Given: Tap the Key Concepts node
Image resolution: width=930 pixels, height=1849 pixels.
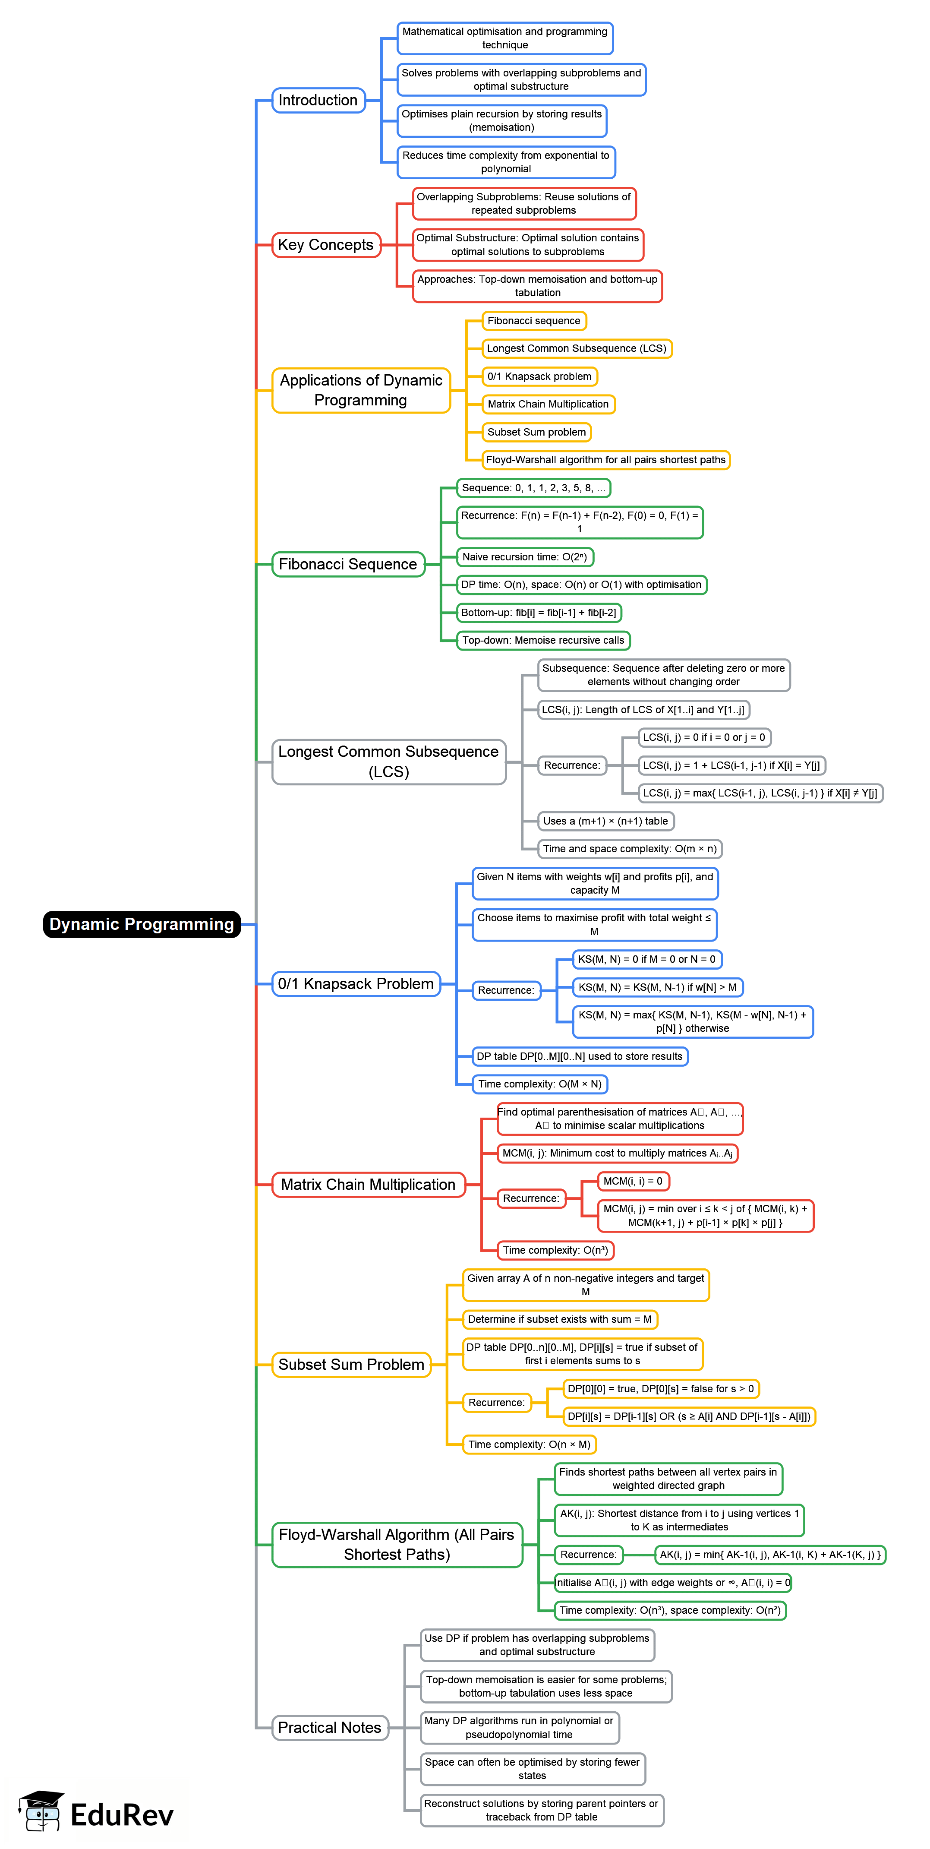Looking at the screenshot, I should coord(326,245).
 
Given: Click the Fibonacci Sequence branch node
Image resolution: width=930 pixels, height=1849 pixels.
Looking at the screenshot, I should coord(348,564).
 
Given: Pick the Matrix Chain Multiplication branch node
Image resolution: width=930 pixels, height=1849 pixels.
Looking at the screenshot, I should coord(368,1184).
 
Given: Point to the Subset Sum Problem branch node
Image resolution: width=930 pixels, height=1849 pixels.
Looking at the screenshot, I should coord(351,1365).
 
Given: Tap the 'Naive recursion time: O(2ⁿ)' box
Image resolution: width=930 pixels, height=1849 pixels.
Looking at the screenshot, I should coord(525,557).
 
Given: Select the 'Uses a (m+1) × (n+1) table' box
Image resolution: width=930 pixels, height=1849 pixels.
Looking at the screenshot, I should coord(605,821).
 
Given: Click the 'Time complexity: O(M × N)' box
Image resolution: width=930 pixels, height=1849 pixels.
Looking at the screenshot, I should coord(539,1084).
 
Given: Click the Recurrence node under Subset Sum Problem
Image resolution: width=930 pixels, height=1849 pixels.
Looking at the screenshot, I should coord(497,1403).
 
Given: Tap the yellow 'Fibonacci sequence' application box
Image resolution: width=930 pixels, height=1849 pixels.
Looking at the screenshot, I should coord(534,321).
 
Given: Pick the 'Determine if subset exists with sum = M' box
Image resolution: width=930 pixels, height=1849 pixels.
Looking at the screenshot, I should coord(560,1319).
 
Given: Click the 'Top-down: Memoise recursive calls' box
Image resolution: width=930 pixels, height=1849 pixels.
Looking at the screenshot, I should coord(543,640).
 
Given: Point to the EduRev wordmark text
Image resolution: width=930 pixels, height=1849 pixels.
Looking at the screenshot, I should coord(122,1815).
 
